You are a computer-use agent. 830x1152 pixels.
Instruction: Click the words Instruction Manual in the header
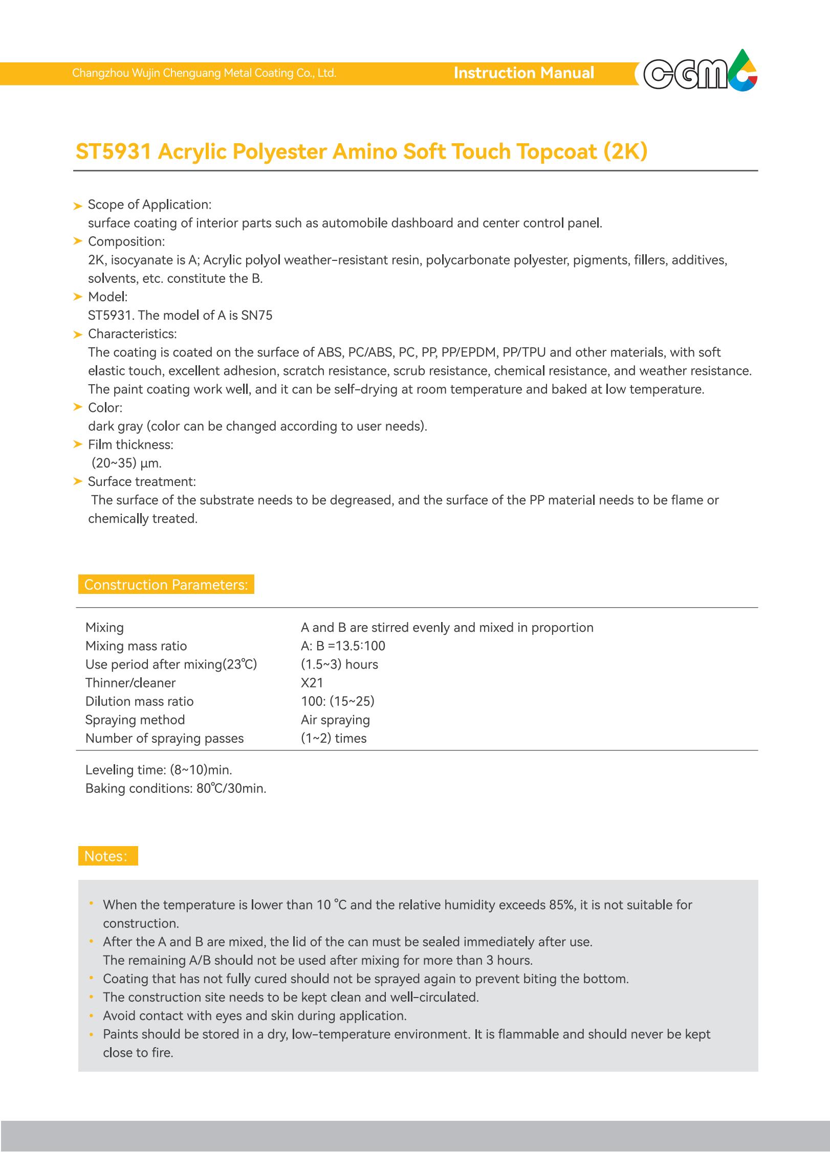coord(523,73)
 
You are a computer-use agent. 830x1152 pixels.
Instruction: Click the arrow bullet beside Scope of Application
coord(78,206)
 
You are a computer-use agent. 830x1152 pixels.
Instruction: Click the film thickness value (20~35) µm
coord(126,463)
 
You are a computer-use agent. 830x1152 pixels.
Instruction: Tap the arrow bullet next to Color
coord(78,408)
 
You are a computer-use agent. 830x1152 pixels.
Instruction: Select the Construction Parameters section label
coord(166,585)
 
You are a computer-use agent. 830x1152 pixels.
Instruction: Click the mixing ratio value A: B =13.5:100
coord(343,646)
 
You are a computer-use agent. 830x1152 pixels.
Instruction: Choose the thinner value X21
coord(312,683)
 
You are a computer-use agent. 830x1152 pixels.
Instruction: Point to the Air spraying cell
coord(335,720)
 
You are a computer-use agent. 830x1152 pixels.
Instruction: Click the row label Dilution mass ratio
coord(139,701)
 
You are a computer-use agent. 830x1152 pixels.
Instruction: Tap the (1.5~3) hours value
coord(339,664)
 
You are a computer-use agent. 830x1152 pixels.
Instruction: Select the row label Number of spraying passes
coord(164,738)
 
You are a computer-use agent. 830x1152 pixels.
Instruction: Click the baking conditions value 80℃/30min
coord(231,788)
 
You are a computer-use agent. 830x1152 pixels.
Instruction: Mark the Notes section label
coord(107,856)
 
